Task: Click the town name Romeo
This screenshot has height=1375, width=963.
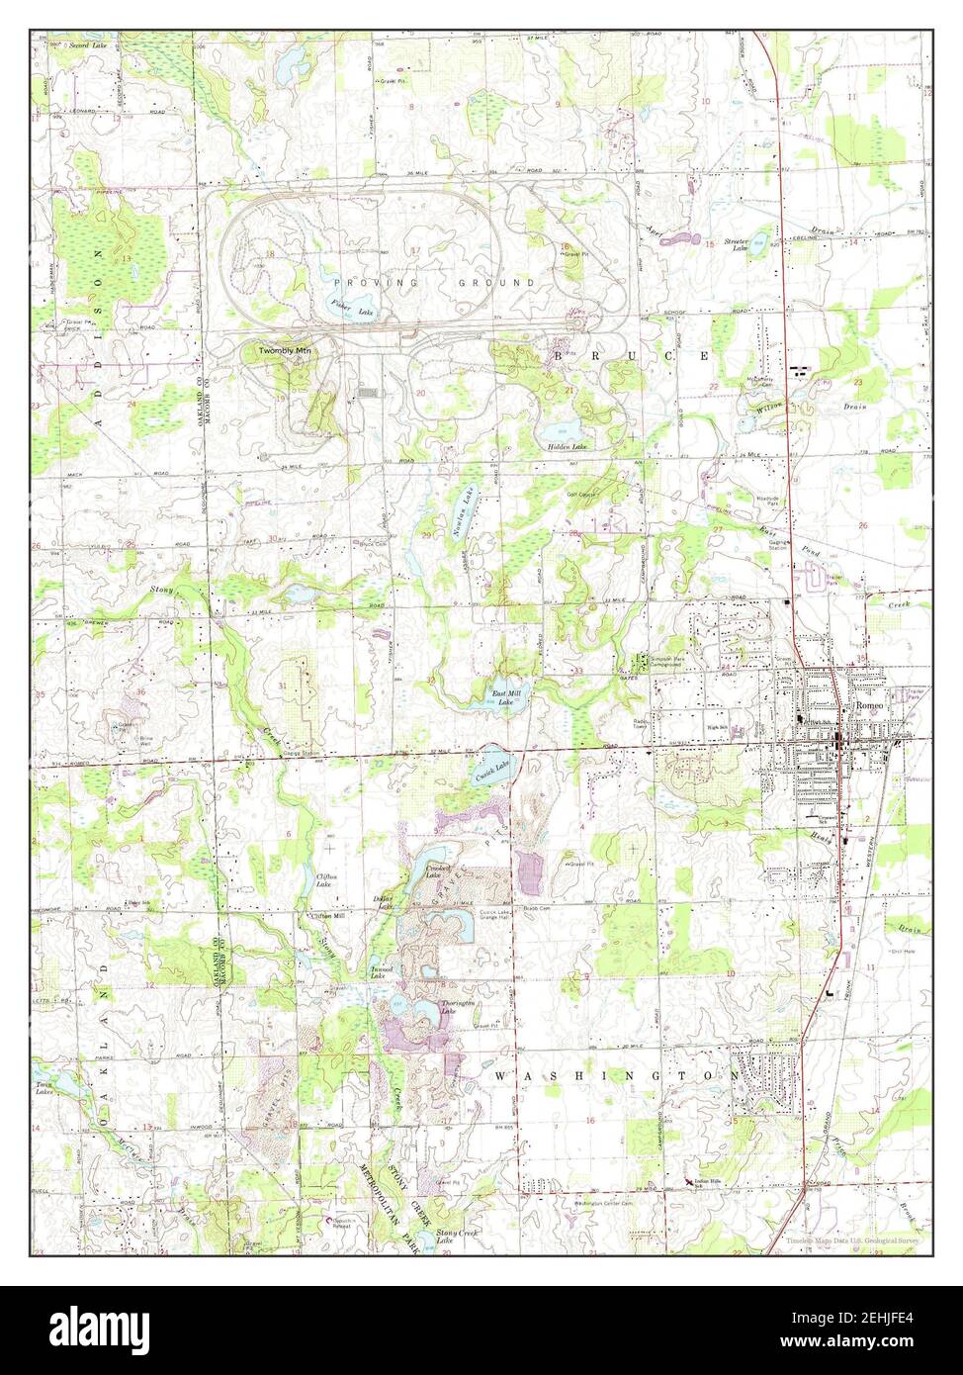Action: coord(870,704)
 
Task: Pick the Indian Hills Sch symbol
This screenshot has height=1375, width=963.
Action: coord(689,1181)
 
